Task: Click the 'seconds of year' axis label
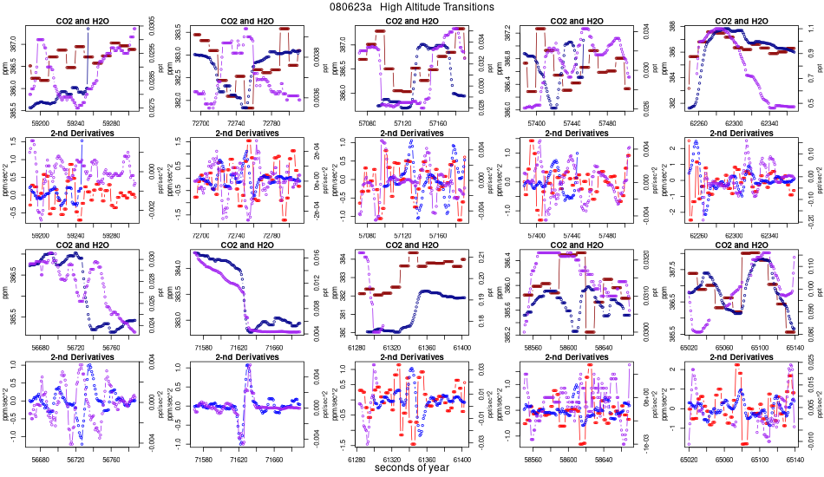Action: pos(412,468)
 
